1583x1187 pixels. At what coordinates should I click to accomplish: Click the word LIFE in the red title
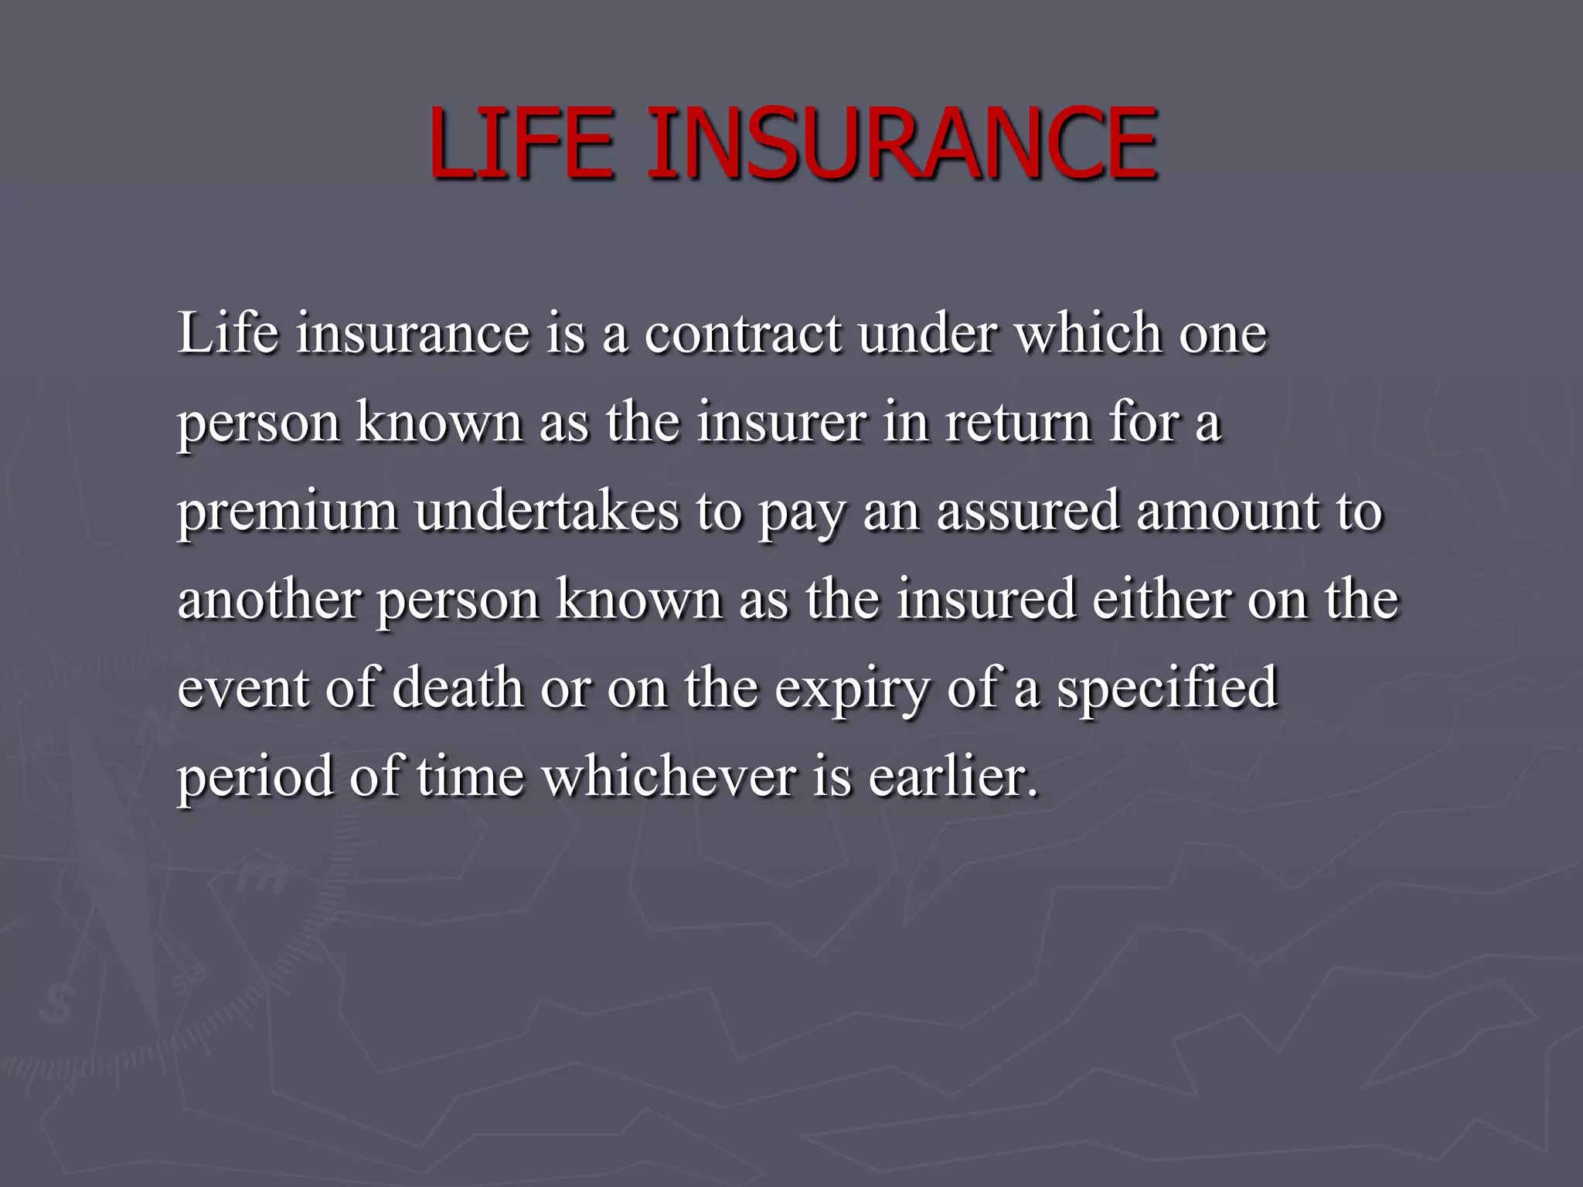523,144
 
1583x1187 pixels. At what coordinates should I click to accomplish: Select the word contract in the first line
742,334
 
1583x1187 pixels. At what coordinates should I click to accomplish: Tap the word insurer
781,423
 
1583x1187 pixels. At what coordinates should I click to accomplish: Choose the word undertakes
546,511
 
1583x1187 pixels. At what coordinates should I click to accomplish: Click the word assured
1028,511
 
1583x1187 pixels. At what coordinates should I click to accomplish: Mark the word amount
1228,511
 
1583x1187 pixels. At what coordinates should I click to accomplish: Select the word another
269,600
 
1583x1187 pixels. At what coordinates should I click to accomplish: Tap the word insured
986,600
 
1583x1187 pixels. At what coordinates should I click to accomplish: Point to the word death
458,688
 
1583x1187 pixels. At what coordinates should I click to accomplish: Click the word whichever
669,777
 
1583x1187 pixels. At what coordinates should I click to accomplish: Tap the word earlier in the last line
953,777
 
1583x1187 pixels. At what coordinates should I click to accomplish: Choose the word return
1017,423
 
